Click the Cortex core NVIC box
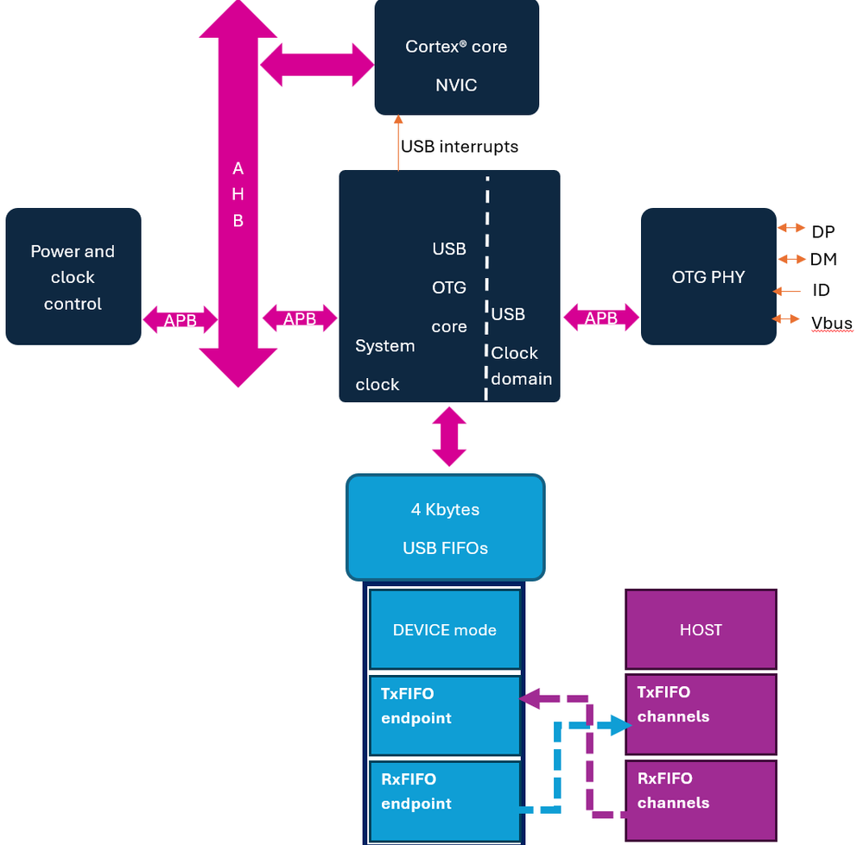(456, 57)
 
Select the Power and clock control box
(73, 276)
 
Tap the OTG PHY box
(708, 277)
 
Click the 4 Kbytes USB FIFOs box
(446, 527)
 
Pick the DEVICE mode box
(445, 629)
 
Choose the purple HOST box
(701, 629)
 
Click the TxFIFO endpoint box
(445, 715)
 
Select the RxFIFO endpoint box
(445, 801)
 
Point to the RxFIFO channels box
(701, 800)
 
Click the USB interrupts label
(460, 146)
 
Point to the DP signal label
(823, 231)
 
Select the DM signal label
(823, 259)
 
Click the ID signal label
(821, 291)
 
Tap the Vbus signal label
(831, 323)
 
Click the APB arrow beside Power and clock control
(180, 320)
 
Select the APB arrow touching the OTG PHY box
(601, 318)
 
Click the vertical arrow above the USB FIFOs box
(449, 438)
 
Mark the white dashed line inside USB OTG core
(486, 285)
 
